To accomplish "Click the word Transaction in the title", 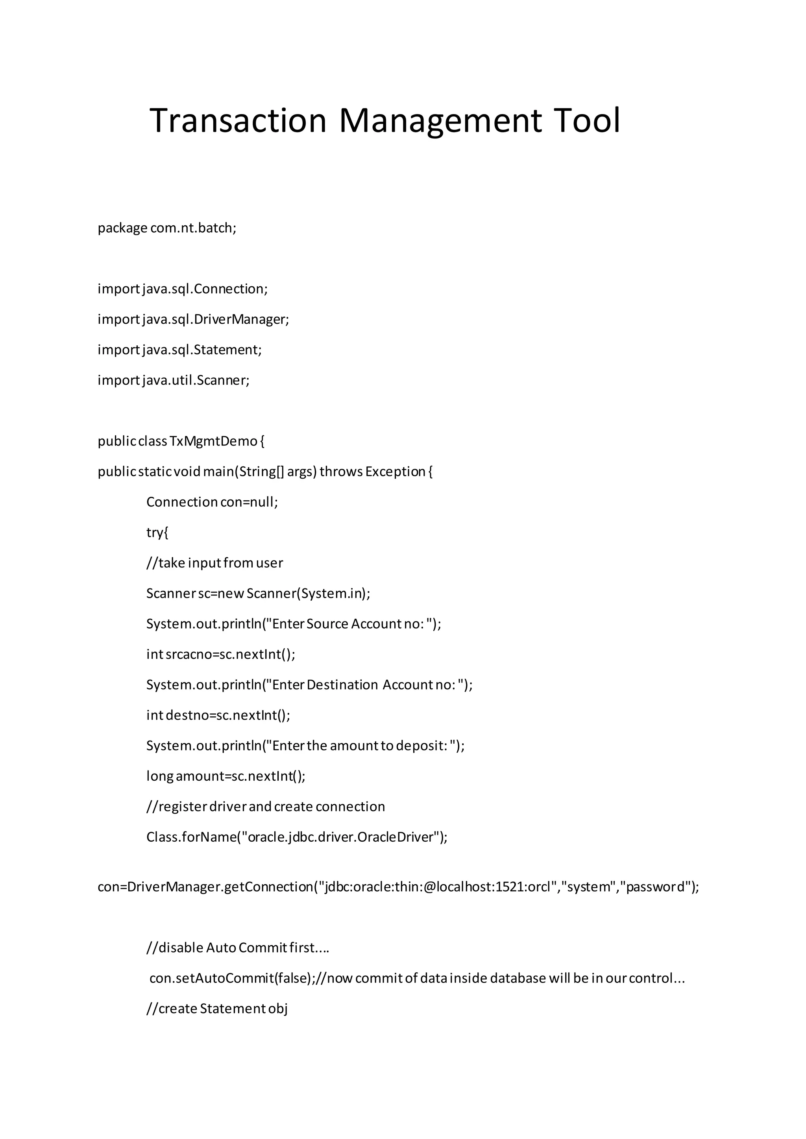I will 238,121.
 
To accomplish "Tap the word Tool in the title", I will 587,121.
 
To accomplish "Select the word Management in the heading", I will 441,121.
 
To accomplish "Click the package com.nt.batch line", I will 167,228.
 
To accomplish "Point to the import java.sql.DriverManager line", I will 193,319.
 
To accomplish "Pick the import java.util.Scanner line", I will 173,380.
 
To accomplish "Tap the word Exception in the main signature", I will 396,472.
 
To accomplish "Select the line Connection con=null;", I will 212,502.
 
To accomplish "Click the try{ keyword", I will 157,533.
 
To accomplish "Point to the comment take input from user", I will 214,563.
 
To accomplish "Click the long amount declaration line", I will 226,776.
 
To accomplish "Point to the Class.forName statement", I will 296,837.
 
